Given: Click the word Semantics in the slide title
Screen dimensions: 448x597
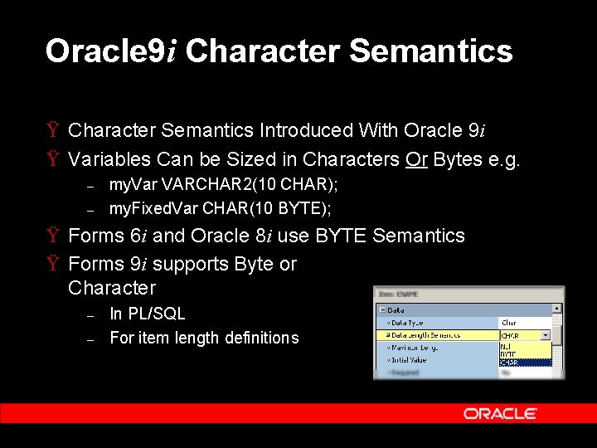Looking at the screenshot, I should (x=431, y=51).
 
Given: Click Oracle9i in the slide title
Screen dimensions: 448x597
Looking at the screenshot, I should (x=111, y=51).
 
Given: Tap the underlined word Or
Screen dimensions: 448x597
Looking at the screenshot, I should (x=416, y=159).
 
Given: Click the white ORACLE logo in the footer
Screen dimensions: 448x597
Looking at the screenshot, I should (x=500, y=413).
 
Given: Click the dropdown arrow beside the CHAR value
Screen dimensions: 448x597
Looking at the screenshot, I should (x=546, y=335).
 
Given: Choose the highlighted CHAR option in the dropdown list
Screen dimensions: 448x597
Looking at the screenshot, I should (x=509, y=362).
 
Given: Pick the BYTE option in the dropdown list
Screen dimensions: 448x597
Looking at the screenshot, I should (x=508, y=353).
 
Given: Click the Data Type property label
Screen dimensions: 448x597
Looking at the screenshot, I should (x=408, y=322).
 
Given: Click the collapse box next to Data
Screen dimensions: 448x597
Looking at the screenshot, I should (x=381, y=309).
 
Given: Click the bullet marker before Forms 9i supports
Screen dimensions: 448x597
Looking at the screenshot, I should (x=53, y=265).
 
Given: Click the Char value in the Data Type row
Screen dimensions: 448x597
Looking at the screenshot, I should (x=508, y=323).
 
